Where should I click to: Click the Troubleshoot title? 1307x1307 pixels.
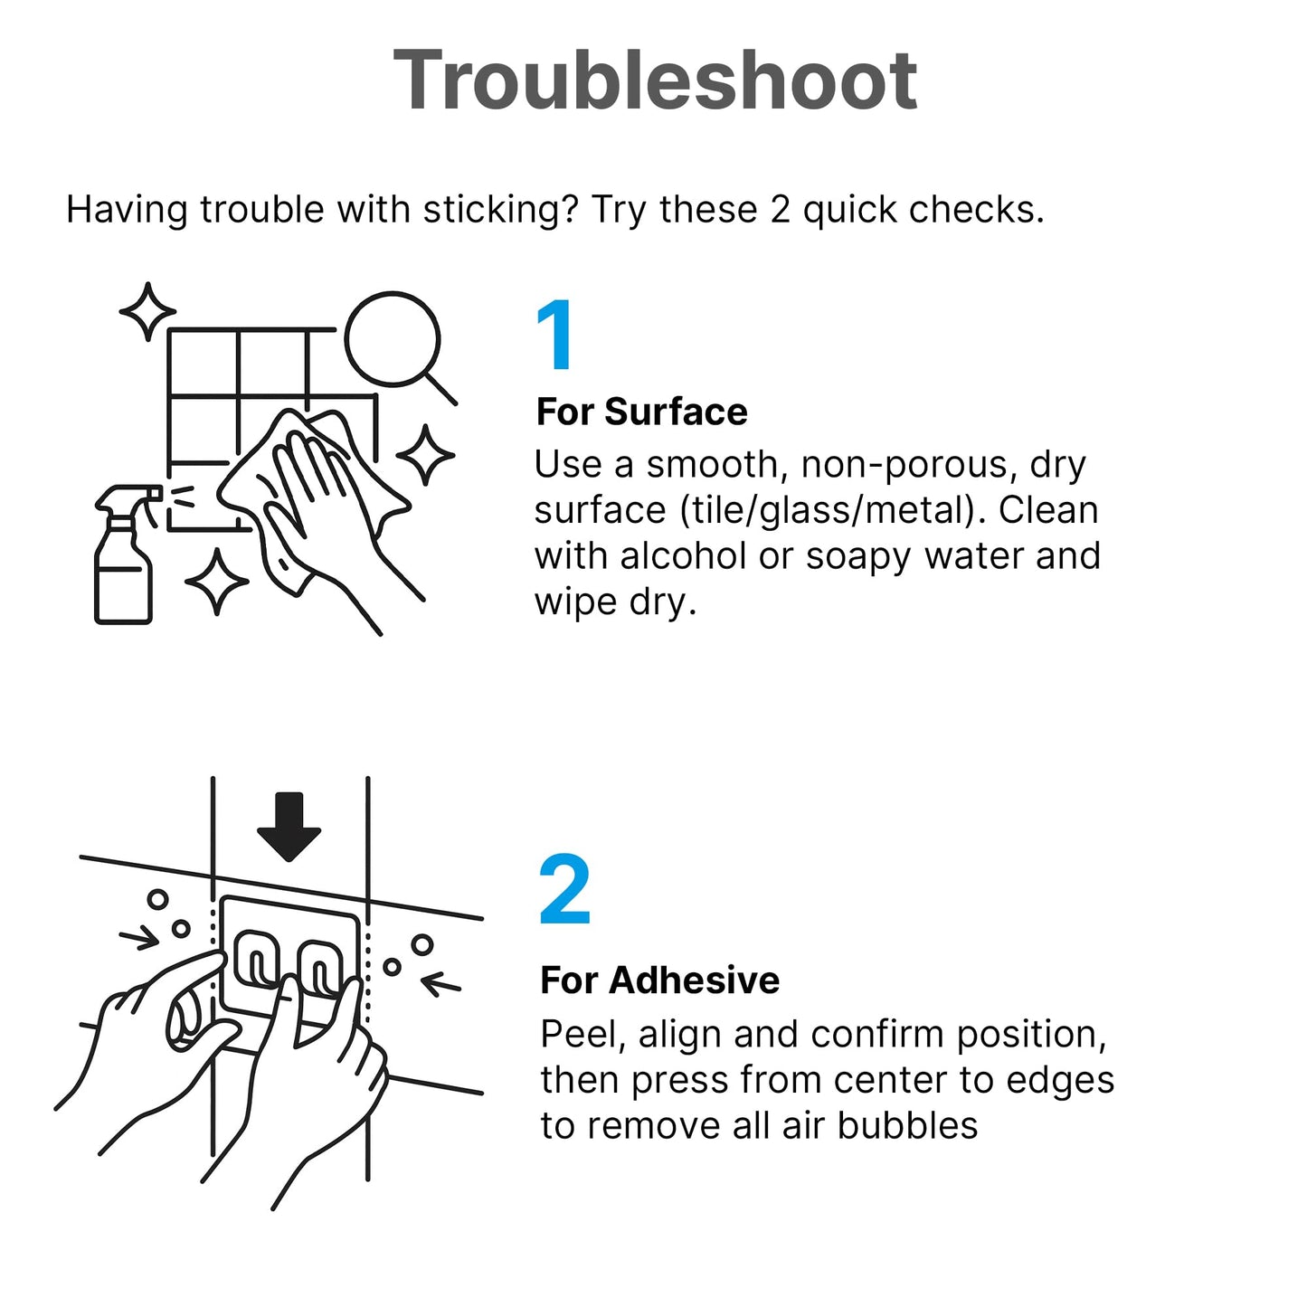pos(655,80)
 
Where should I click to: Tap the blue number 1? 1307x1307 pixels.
pos(554,335)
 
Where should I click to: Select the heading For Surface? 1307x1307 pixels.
pos(641,412)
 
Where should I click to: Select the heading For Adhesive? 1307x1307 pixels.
pos(660,980)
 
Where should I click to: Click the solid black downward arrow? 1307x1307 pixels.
pos(289,827)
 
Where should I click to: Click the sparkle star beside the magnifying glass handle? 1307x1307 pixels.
pos(425,454)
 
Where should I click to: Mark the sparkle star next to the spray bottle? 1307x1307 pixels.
pos(217,582)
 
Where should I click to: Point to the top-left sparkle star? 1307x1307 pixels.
pos(147,311)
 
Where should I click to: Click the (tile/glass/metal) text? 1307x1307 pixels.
pos(832,510)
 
